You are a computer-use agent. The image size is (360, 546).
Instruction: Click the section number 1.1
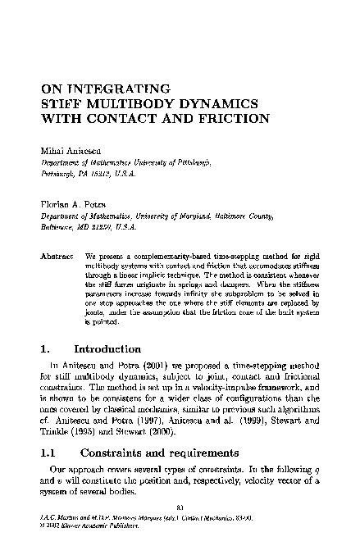tap(52, 453)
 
